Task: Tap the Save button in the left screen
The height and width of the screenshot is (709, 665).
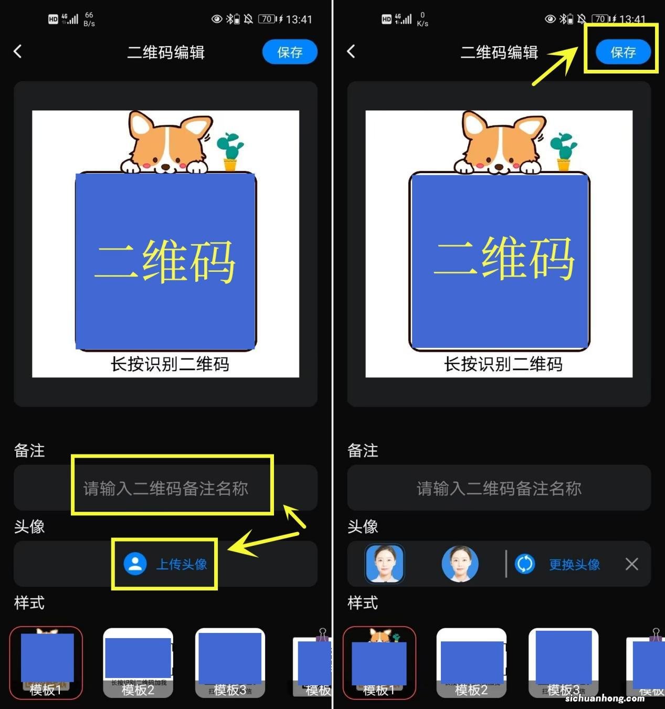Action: pyautogui.click(x=290, y=52)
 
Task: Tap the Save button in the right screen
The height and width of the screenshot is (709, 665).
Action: pyautogui.click(x=623, y=52)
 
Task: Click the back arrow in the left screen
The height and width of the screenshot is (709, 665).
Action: pyautogui.click(x=18, y=51)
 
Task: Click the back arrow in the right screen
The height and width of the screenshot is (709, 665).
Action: pyautogui.click(x=351, y=51)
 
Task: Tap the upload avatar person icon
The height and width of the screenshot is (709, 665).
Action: pyautogui.click(x=135, y=564)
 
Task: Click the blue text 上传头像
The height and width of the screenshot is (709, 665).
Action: pyautogui.click(x=182, y=564)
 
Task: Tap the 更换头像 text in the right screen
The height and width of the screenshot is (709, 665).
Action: pyautogui.click(x=574, y=564)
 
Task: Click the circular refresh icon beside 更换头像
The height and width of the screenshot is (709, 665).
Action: pyautogui.click(x=525, y=564)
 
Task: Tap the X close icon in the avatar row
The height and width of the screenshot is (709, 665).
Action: pyautogui.click(x=632, y=564)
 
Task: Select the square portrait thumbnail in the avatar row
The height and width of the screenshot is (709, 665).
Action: pyautogui.click(x=385, y=564)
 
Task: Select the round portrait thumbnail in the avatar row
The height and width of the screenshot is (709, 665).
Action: pyautogui.click(x=460, y=564)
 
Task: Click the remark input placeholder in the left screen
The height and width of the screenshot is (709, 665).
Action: pyautogui.click(x=166, y=489)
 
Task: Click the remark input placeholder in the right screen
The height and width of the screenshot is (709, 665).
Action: pyautogui.click(x=499, y=489)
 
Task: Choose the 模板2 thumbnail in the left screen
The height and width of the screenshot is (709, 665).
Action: pyautogui.click(x=138, y=662)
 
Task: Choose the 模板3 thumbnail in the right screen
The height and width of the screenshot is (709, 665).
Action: pyautogui.click(x=563, y=662)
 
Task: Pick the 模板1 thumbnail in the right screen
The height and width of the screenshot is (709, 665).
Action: pyautogui.click(x=379, y=662)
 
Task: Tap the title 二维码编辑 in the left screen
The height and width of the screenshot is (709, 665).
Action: pyautogui.click(x=166, y=52)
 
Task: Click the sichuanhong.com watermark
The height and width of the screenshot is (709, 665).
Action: pyautogui.click(x=605, y=698)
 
